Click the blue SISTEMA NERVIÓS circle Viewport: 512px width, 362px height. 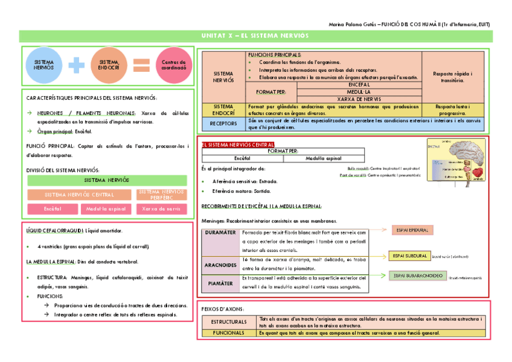[x=44, y=65]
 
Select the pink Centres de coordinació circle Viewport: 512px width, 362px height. [x=173, y=65]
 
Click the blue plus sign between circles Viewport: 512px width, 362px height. [x=77, y=65]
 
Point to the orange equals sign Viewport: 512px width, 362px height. [x=141, y=65]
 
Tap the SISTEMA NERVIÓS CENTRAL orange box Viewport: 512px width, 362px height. [x=79, y=195]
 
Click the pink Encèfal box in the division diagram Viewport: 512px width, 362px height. [x=52, y=209]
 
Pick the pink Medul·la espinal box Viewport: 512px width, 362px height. [x=106, y=209]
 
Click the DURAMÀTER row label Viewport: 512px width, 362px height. [x=220, y=233]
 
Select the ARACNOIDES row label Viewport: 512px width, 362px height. [x=220, y=265]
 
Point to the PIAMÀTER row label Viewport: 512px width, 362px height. [x=220, y=282]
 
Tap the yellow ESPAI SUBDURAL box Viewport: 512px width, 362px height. [x=409, y=256]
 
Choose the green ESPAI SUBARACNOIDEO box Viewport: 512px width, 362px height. [x=416, y=276]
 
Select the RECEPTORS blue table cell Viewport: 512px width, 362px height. [x=223, y=124]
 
